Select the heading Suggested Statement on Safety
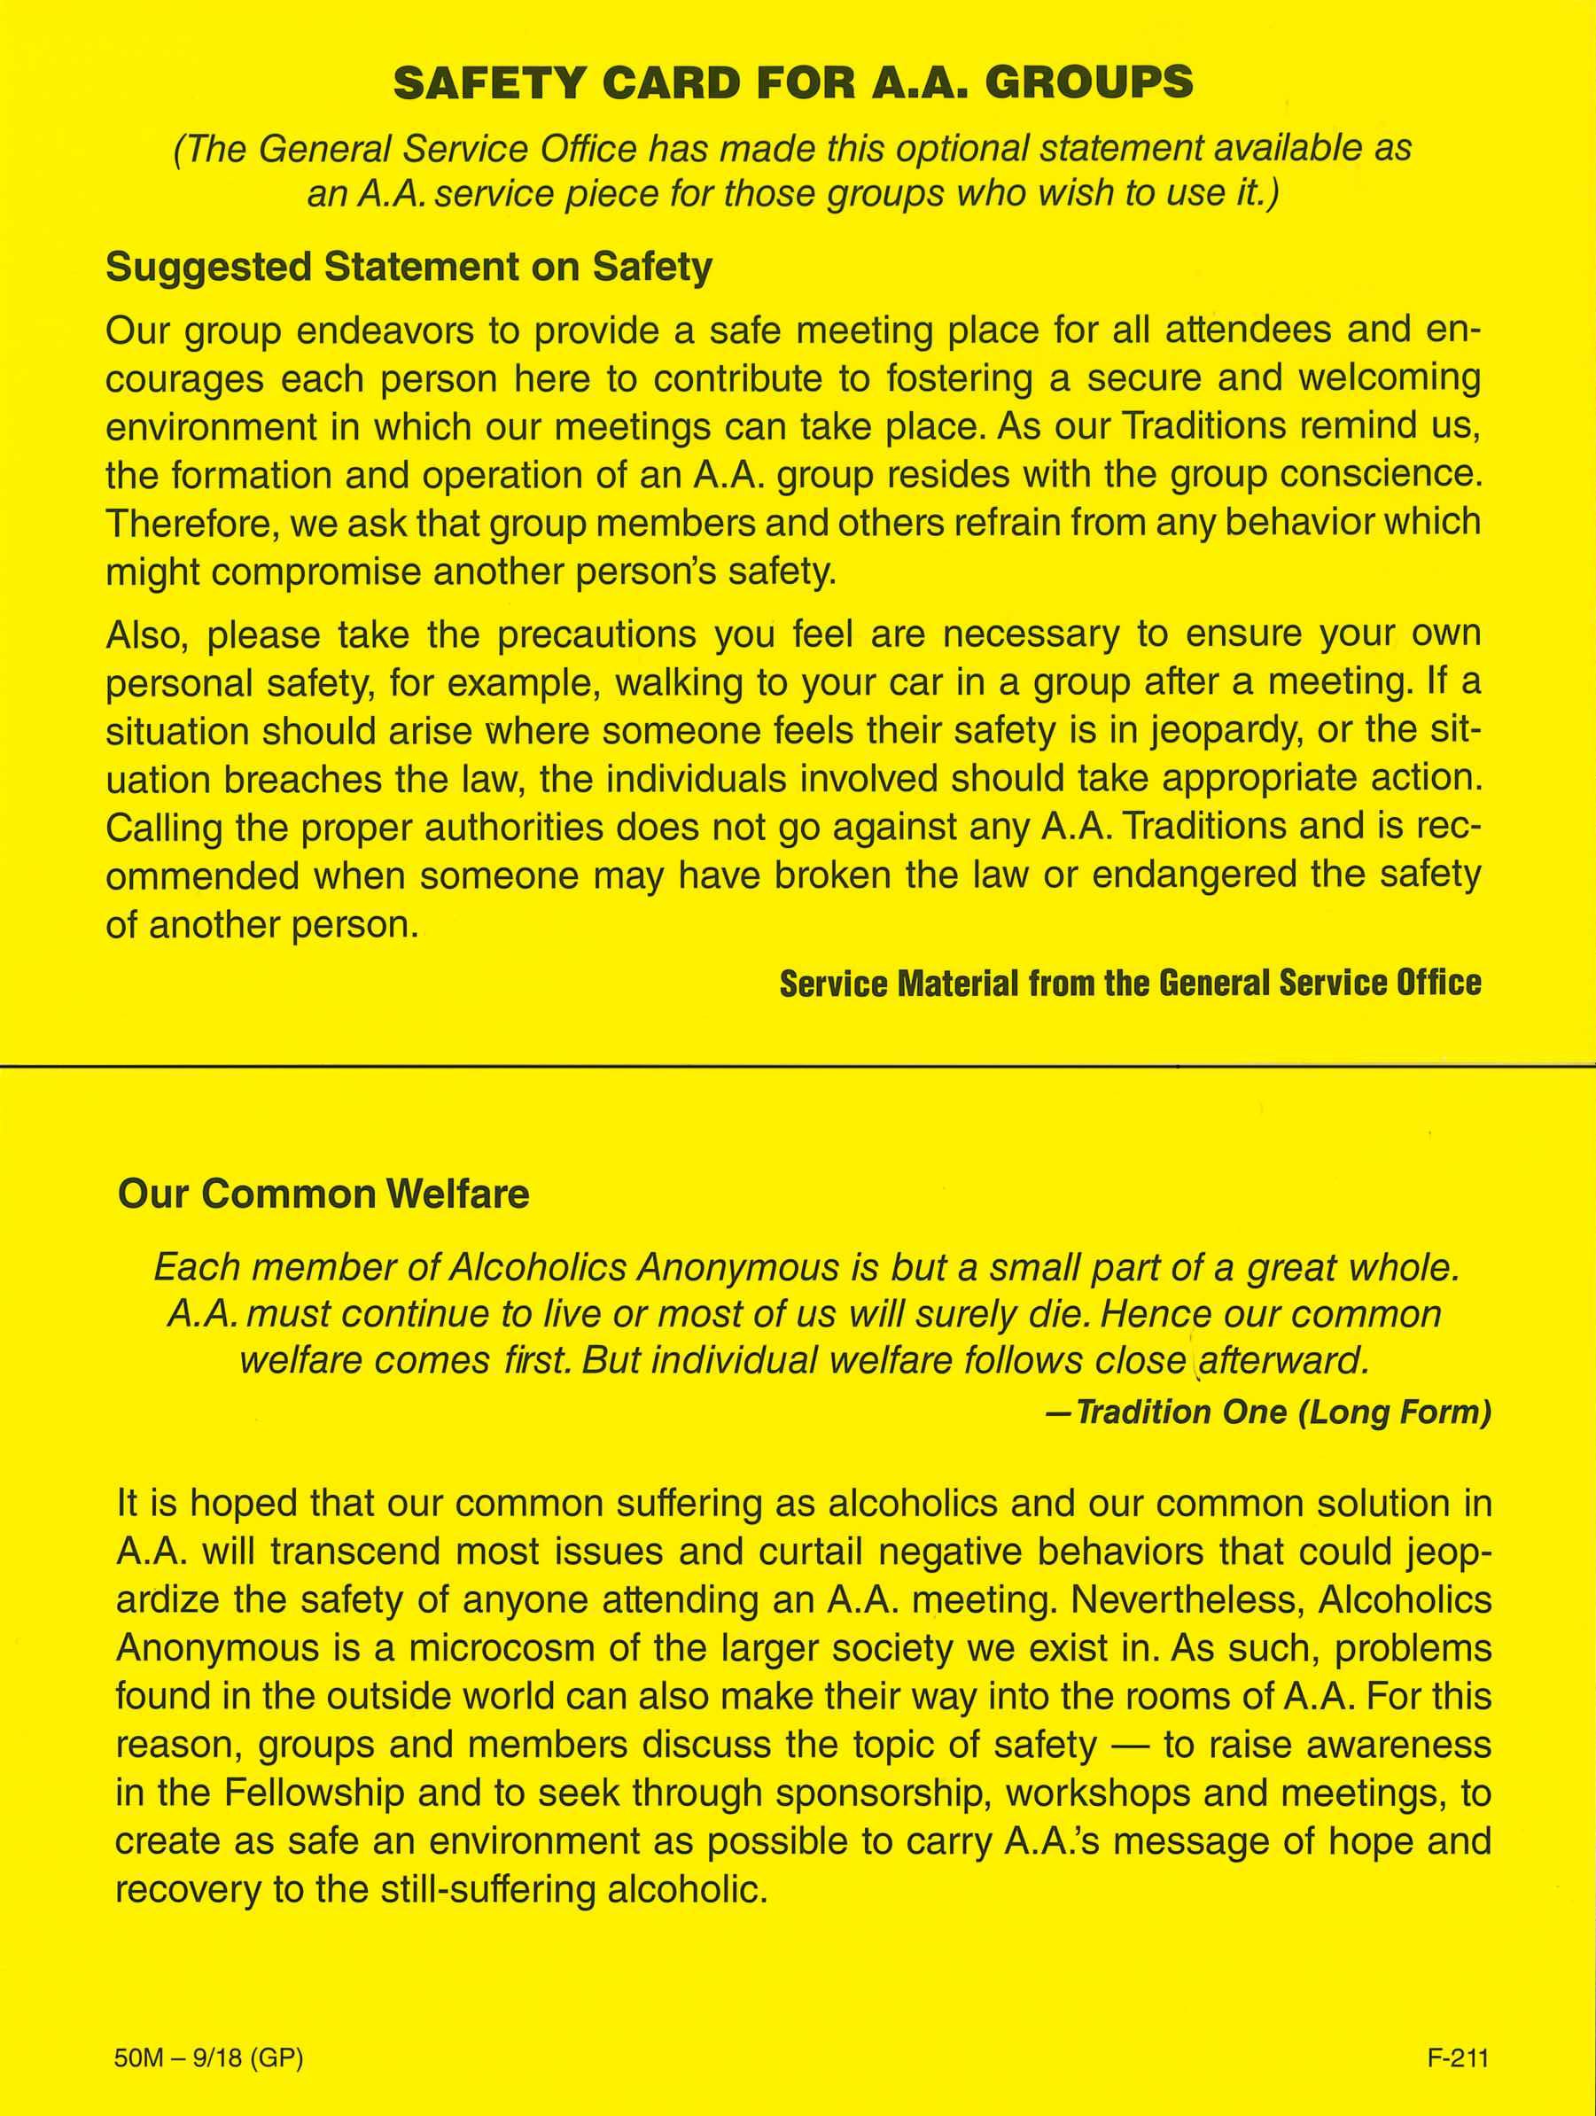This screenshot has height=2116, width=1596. [x=409, y=267]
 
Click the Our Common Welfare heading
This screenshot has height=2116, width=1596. [x=323, y=1194]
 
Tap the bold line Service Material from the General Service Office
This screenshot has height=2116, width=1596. [x=1130, y=984]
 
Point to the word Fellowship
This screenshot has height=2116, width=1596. [x=314, y=1792]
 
